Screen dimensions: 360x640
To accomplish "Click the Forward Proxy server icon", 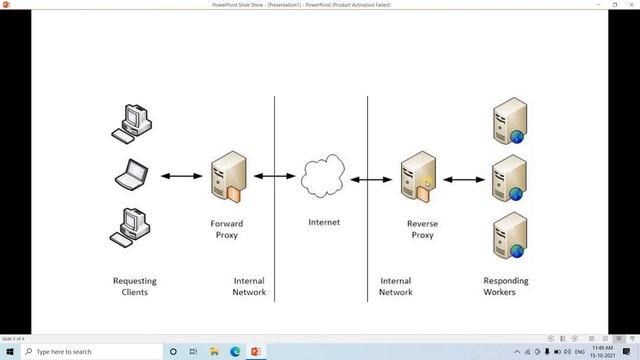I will point(228,177).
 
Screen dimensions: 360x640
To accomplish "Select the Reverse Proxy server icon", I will point(417,177).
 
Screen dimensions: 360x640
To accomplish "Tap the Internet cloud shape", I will point(322,178).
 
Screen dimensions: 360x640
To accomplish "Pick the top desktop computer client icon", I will point(132,120).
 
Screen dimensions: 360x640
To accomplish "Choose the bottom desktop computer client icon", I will point(131,226).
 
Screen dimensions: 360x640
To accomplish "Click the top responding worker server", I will point(508,121).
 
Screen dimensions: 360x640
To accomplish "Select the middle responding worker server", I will point(508,178).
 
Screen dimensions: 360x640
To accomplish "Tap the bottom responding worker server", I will point(508,235).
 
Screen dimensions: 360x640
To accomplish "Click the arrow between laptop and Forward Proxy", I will point(181,177).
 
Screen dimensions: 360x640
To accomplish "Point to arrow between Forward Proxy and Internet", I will point(274,176).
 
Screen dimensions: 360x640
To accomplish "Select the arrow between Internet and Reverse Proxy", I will point(370,180).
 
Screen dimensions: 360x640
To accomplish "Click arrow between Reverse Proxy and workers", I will point(463,180).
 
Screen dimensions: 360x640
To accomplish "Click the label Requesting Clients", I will point(134,287).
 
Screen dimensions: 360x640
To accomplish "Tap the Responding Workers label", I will point(506,287).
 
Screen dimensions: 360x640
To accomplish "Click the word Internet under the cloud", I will point(323,222).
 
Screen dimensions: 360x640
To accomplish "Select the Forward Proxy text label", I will point(226,229).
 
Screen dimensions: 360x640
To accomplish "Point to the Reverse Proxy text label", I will point(422,229).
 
